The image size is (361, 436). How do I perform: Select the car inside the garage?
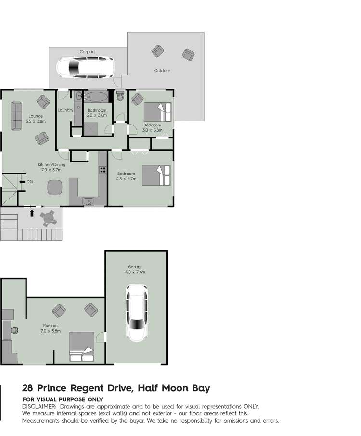[136, 312]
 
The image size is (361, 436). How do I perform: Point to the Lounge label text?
[35, 116]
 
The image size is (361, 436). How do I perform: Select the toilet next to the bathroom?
[120, 96]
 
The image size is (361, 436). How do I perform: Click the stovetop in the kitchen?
[103, 170]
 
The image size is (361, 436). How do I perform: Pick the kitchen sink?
[89, 201]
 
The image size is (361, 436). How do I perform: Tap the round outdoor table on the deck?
[48, 218]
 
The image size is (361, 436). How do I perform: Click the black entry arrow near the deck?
[32, 213]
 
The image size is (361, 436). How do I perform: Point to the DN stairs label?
[29, 182]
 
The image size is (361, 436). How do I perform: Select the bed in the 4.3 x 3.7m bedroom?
[156, 175]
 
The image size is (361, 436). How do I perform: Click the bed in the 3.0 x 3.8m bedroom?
[157, 112]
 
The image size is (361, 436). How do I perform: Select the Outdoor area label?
[162, 71]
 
